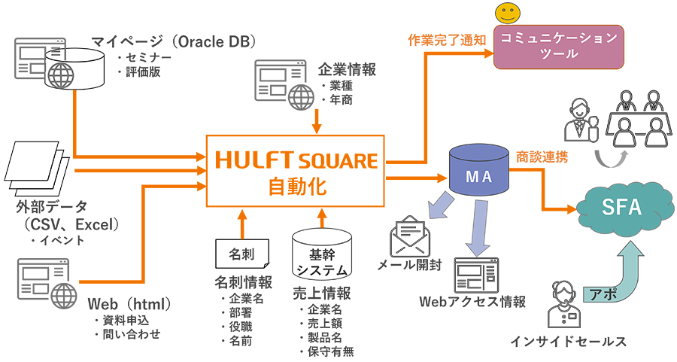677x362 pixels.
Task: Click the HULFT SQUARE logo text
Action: (x=295, y=160)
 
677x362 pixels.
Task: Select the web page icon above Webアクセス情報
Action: (x=476, y=275)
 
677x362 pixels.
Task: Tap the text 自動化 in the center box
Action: (x=295, y=186)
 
